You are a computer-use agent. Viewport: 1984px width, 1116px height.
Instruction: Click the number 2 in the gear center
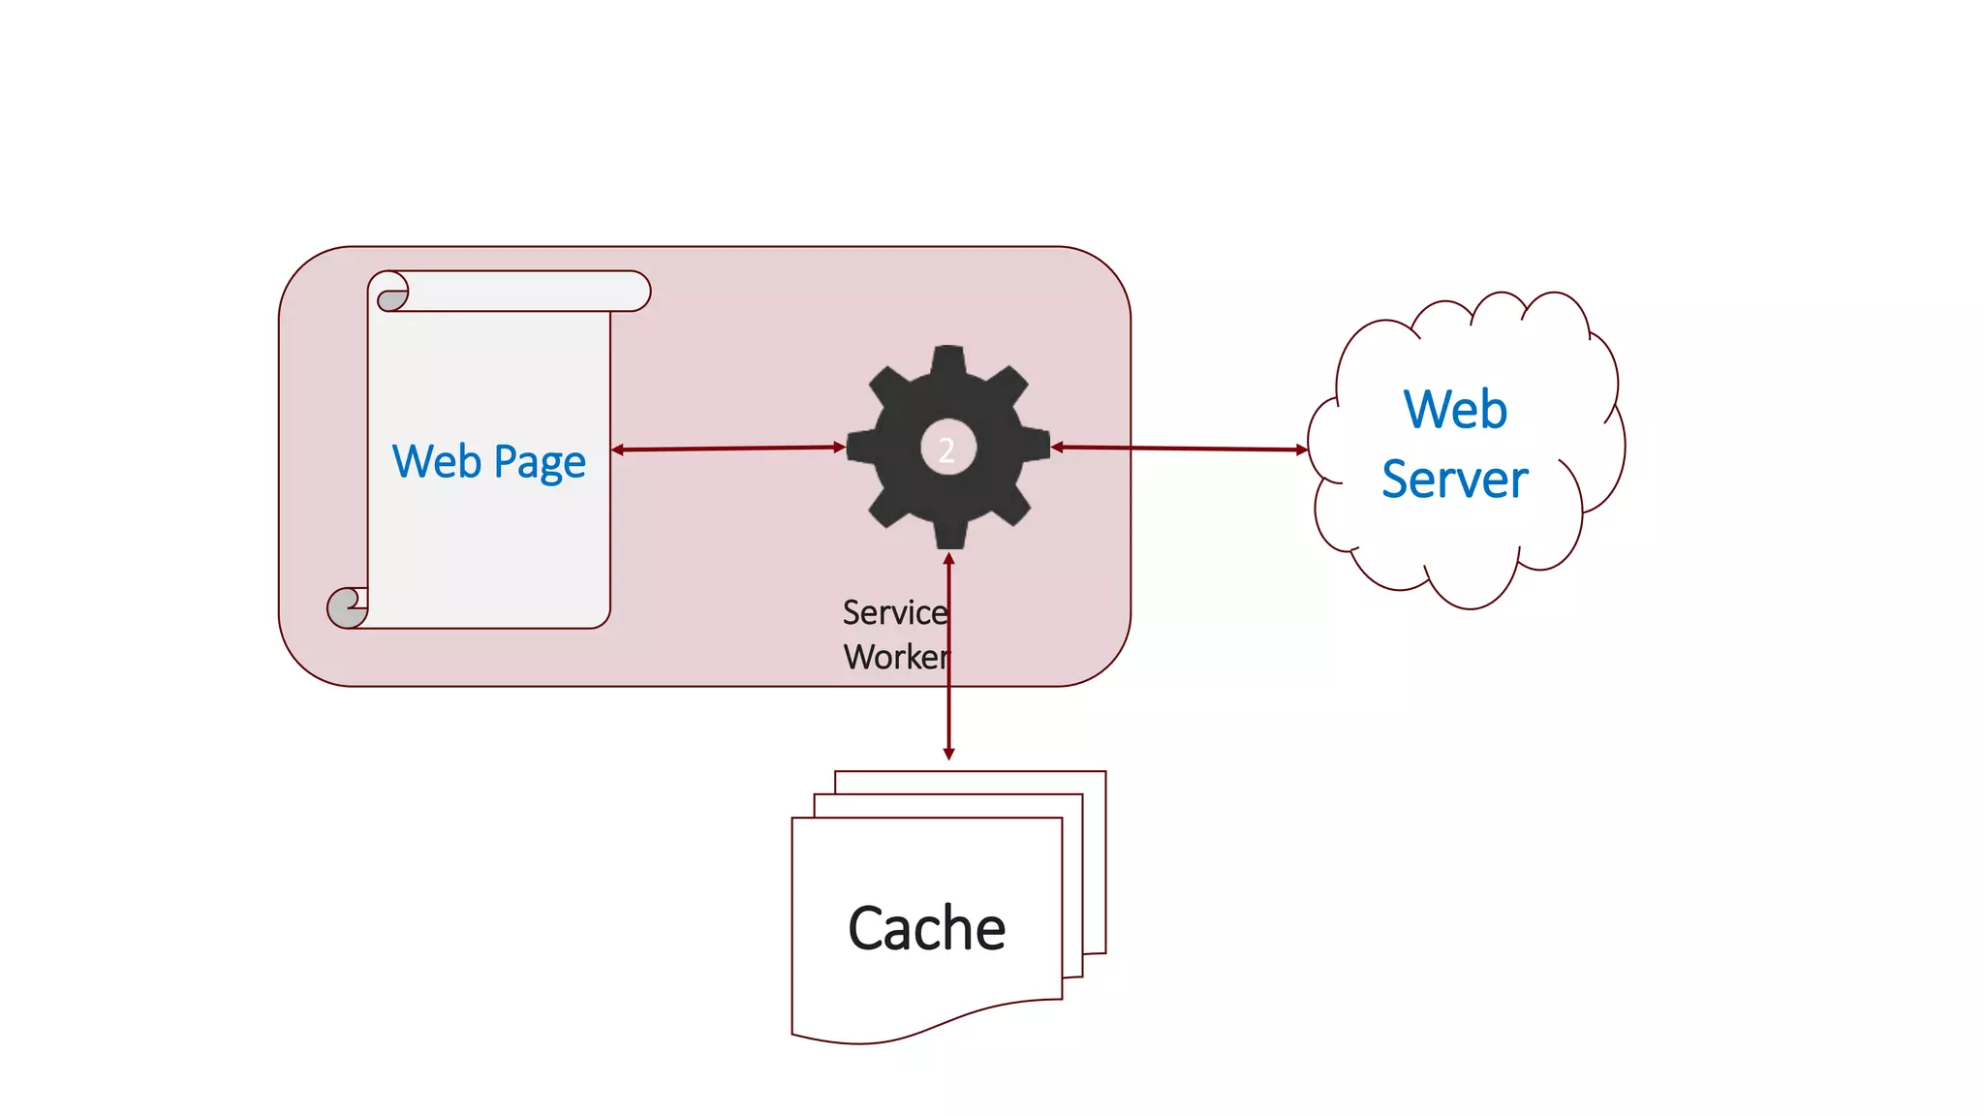[x=946, y=449]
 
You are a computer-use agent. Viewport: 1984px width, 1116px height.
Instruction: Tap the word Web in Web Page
[x=437, y=461]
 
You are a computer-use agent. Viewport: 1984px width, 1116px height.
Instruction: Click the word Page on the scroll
[x=540, y=463]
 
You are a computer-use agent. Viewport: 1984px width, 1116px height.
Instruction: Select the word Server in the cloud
[x=1454, y=480]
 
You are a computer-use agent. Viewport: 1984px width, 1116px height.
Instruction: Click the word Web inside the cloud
[x=1455, y=409]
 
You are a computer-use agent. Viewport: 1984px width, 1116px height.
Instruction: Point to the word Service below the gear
[x=893, y=612]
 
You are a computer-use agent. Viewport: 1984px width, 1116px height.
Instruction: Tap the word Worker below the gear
[x=895, y=657]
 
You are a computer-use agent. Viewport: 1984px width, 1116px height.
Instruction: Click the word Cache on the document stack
[x=926, y=928]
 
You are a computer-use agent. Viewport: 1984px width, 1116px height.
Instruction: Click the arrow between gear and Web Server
[x=1179, y=448]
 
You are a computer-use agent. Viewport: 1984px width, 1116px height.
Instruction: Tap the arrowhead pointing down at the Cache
[x=948, y=754]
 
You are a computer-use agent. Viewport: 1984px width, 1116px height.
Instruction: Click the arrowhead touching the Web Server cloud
[x=1301, y=449]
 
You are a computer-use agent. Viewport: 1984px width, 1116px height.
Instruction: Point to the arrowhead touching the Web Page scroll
[x=618, y=449]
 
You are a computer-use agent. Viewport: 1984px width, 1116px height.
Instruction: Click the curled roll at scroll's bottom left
[x=347, y=607]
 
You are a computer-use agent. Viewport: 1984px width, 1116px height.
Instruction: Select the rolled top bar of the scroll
[x=523, y=291]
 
